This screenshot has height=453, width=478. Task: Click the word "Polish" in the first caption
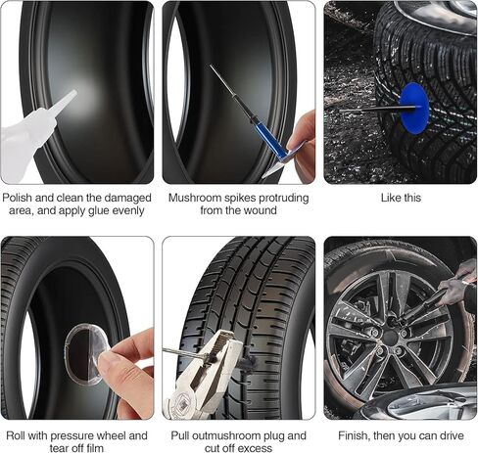[x=20, y=198]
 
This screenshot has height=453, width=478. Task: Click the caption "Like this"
[x=400, y=198]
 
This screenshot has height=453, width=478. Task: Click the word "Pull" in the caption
[x=183, y=435]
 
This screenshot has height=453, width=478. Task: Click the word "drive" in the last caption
[x=452, y=435]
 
